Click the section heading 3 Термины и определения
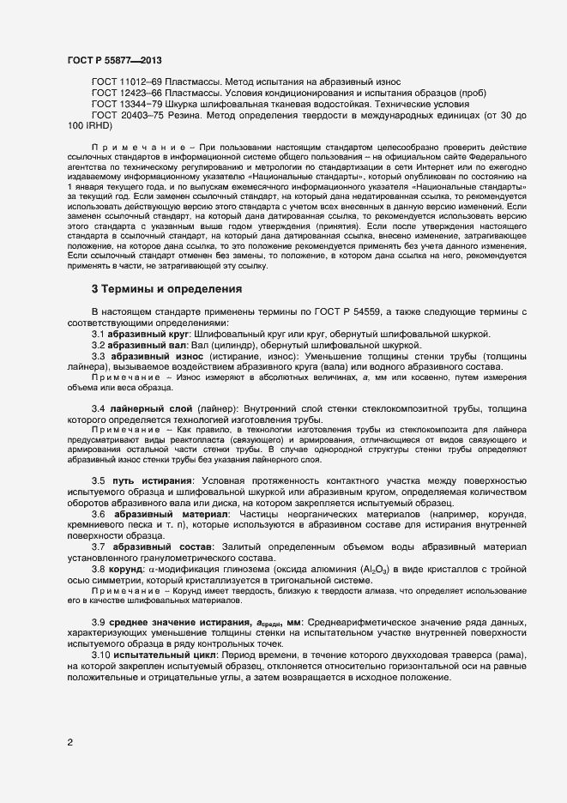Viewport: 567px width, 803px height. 166,289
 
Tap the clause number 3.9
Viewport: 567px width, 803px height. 99,621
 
